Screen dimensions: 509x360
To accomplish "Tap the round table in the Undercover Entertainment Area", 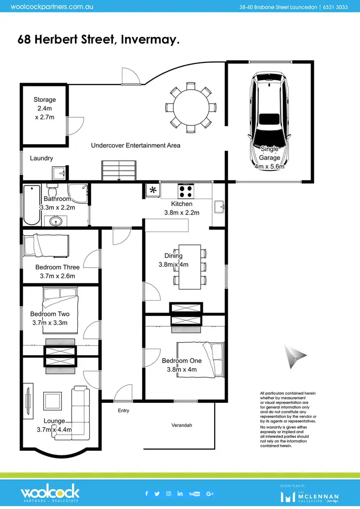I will [x=191, y=108].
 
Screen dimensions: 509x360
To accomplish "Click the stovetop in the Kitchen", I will [x=186, y=191].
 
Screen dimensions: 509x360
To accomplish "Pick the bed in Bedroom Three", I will [x=46, y=245].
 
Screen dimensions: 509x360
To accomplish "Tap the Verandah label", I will [x=182, y=425].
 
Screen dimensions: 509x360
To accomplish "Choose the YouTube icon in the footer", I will [x=194, y=494].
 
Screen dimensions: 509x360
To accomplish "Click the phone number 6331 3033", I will [x=337, y=7].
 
